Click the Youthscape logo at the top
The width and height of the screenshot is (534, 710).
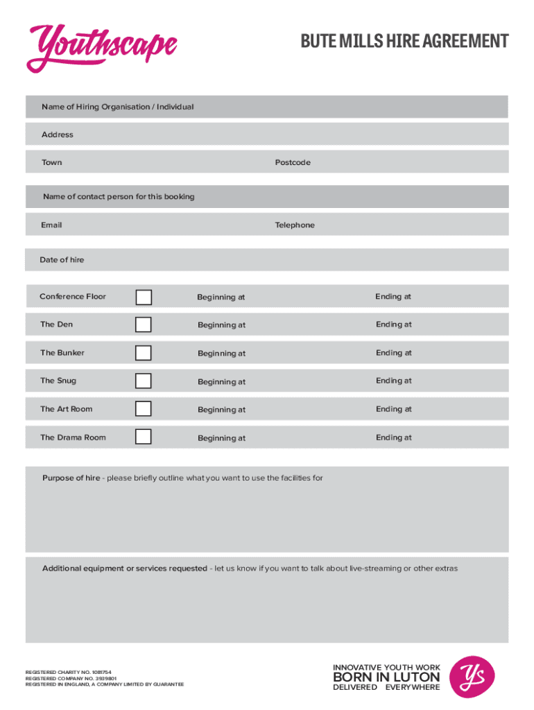coord(101,47)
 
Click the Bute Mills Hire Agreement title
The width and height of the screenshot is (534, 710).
coord(404,42)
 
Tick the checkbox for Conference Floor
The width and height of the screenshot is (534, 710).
coord(144,297)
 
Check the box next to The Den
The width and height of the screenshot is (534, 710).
coord(144,324)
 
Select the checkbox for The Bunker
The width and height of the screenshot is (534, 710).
coord(144,353)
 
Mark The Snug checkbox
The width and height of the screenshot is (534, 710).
coord(144,381)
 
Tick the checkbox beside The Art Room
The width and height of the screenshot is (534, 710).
coord(144,409)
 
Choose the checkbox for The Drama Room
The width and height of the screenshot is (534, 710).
coord(144,438)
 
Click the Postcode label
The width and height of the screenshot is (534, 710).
coord(293,163)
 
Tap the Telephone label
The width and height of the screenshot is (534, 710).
coord(295,225)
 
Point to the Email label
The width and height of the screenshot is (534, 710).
coord(51,225)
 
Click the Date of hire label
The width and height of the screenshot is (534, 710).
coord(62,260)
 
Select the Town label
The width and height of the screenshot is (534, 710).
coord(51,163)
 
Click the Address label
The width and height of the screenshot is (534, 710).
coord(57,135)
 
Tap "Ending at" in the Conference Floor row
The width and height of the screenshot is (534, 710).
coord(393,297)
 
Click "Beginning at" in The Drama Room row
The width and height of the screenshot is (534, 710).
coord(221,438)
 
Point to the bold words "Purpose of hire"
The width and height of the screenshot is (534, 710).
coord(71,478)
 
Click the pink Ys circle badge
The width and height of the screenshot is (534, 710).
coord(472,677)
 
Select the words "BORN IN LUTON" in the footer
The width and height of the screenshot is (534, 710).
coord(386,677)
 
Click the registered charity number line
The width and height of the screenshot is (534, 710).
coord(68,673)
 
